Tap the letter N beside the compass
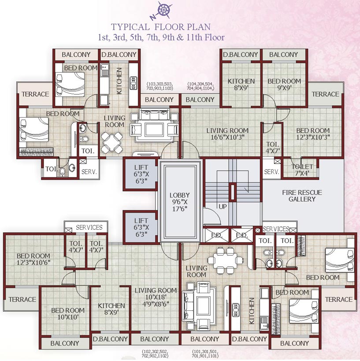click(152, 18)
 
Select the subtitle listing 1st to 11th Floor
click(161, 37)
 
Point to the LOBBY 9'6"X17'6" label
click(181, 202)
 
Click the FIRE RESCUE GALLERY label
click(302, 196)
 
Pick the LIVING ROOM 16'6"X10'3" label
click(227, 134)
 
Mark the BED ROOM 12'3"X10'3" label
click(313, 134)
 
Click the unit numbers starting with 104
click(200, 86)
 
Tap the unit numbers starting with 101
click(205, 353)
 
